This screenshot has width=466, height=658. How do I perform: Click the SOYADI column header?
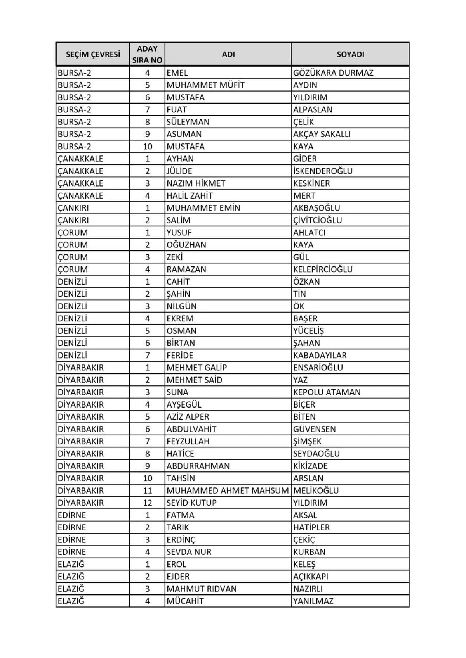coord(350,54)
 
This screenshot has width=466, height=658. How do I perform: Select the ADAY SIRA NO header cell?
coord(147,54)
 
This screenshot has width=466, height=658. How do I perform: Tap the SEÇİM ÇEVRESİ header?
coord(93,54)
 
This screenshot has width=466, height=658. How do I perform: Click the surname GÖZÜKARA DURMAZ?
coord(333,73)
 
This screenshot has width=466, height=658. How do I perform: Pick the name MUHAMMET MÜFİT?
coord(205,85)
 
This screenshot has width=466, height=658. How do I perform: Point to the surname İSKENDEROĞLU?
coord(323,171)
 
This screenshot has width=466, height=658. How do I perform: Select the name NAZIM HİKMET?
coord(196,183)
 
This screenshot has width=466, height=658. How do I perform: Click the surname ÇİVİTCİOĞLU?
coord(317,220)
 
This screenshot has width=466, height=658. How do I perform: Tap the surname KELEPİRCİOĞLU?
coord(323,269)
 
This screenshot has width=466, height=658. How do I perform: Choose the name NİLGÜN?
coord(181,306)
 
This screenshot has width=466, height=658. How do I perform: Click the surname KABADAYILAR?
coord(320,355)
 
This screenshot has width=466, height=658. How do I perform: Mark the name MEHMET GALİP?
coord(196,368)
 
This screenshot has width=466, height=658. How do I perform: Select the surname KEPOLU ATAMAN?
coord(327,392)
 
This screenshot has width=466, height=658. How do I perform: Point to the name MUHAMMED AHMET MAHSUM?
coord(228,490)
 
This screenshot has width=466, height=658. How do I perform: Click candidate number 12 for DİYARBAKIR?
coord(147,503)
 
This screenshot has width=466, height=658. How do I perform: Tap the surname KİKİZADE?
coord(310,466)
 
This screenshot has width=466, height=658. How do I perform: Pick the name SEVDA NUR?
coord(189,552)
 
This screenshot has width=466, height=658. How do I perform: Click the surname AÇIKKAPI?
coord(310,577)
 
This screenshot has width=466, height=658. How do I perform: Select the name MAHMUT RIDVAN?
coord(201,589)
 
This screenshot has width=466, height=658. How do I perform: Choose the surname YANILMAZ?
coord(313,601)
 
